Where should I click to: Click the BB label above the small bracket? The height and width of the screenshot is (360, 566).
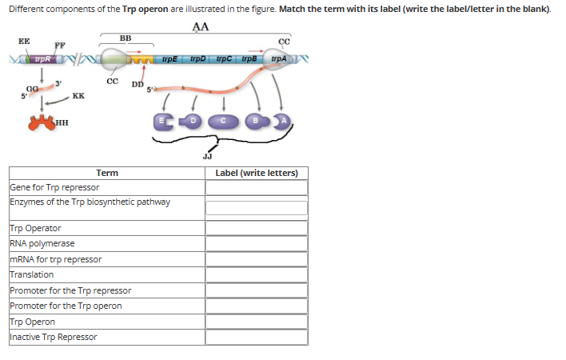point(126,38)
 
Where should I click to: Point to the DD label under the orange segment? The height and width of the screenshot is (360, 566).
point(138,84)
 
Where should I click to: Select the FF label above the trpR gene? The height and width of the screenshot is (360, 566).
point(59,45)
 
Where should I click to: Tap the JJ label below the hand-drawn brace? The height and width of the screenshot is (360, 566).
point(209,157)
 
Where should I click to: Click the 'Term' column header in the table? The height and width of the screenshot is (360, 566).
point(107,173)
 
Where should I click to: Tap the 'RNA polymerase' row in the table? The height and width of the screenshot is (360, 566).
point(42,243)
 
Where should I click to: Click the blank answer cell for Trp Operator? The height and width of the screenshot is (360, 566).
point(256,228)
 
